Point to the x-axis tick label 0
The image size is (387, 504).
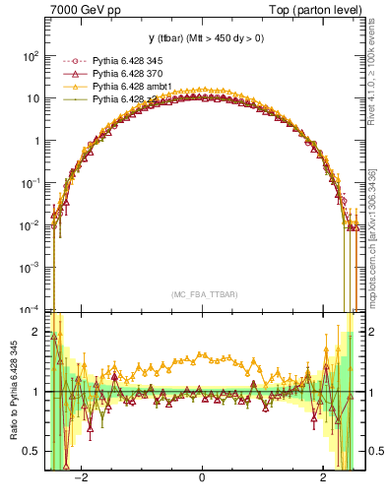point(202,478)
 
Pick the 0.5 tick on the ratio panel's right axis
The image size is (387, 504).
point(371,451)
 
